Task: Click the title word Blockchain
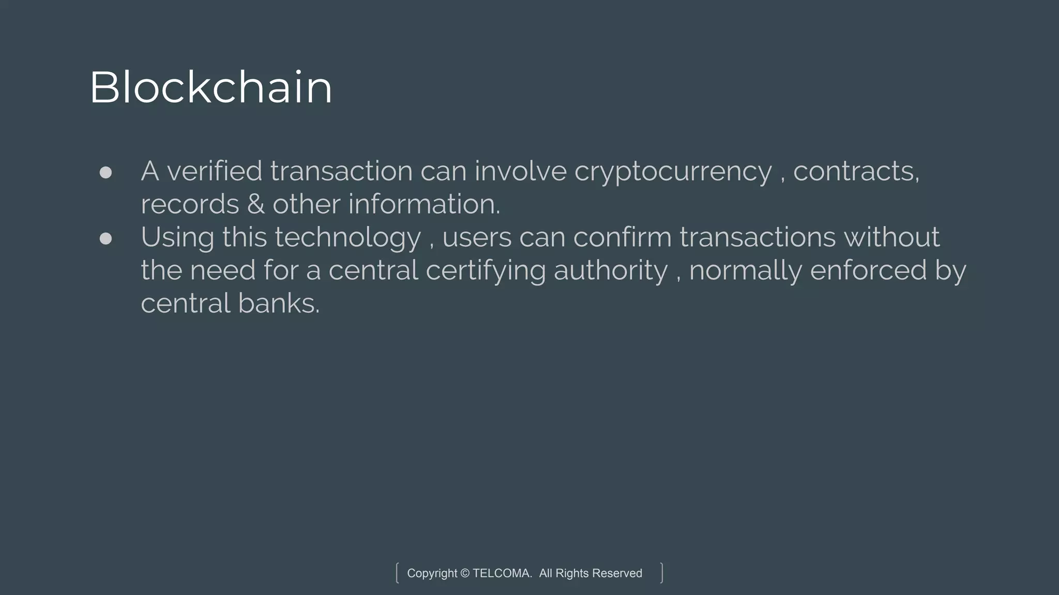[210, 87]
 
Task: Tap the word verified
[215, 171]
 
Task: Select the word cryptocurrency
[673, 172]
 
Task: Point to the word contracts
[855, 171]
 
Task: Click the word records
[190, 204]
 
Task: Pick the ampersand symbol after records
[256, 204]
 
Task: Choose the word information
[423, 204]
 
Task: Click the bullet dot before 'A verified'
[105, 173]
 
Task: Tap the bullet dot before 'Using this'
[105, 238]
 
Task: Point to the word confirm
[622, 237]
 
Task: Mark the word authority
[611, 271]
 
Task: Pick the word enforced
[868, 270]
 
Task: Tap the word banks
[279, 303]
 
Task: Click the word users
[477, 238]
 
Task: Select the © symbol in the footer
[465, 573]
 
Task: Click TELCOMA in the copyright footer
[502, 573]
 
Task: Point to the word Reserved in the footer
[617, 573]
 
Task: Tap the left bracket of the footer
[397, 573]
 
